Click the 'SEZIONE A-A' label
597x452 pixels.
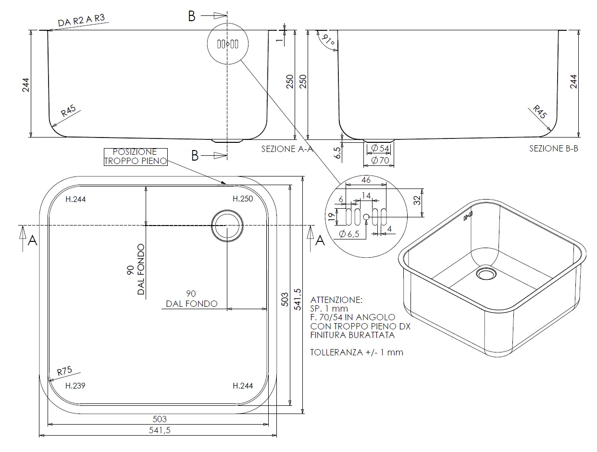click(287, 149)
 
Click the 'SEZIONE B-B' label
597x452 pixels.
click(554, 149)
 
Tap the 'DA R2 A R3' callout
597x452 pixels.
click(81, 21)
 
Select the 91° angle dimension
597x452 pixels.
click(329, 42)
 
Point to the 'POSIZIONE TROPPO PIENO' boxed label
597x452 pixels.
click(135, 157)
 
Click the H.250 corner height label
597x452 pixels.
click(243, 199)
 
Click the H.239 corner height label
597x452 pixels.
click(75, 386)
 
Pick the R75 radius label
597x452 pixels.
click(64, 371)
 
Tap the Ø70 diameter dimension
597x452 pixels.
click(380, 160)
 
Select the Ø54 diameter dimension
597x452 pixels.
click(380, 149)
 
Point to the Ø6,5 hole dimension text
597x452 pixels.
click(349, 234)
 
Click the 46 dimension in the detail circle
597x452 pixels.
click(366, 180)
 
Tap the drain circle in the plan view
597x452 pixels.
click(227, 225)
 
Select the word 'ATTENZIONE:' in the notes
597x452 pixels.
click(336, 300)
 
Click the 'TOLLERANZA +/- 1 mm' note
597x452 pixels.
click(357, 352)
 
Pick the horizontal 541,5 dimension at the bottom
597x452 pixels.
click(159, 431)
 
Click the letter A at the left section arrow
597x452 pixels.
click(32, 240)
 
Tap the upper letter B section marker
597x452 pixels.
click(191, 16)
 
